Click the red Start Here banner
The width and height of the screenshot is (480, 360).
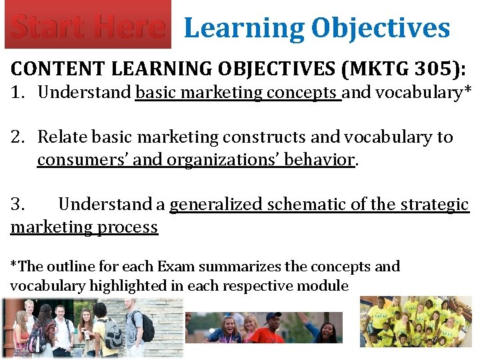click(87, 25)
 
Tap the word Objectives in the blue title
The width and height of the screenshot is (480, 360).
click(380, 28)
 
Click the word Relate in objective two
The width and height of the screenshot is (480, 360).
click(62, 137)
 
